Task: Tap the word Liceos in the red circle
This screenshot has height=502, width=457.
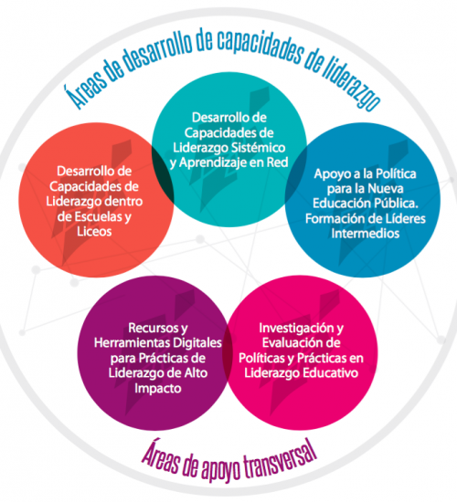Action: pos(94,232)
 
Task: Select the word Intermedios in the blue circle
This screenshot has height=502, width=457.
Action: pos(366,234)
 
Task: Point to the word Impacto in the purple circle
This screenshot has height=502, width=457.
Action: pos(158,388)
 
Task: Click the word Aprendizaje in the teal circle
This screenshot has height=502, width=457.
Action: pos(212,163)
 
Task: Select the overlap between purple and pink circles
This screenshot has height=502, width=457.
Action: pos(227,352)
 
